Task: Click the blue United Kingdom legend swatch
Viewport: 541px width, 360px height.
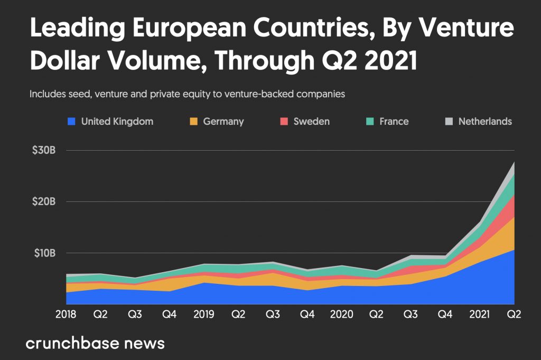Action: tap(71, 122)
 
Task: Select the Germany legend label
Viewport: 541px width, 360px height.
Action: tap(223, 122)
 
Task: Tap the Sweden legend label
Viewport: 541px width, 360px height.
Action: tap(311, 122)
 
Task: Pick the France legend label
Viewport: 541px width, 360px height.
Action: tap(394, 122)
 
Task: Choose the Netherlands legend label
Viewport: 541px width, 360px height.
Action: tap(485, 122)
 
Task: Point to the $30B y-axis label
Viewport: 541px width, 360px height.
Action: tap(43, 150)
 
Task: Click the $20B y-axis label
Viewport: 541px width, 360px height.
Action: tap(43, 201)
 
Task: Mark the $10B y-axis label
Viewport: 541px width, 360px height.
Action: tap(43, 253)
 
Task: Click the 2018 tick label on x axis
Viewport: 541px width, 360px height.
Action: tap(66, 315)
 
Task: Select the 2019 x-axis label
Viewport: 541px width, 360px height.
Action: tap(203, 315)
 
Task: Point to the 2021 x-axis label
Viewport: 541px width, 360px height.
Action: tap(478, 315)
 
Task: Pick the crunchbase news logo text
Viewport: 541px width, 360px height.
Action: tap(95, 343)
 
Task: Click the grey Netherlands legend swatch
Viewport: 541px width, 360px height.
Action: tap(449, 122)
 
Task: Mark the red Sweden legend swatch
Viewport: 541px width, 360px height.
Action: tap(284, 122)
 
